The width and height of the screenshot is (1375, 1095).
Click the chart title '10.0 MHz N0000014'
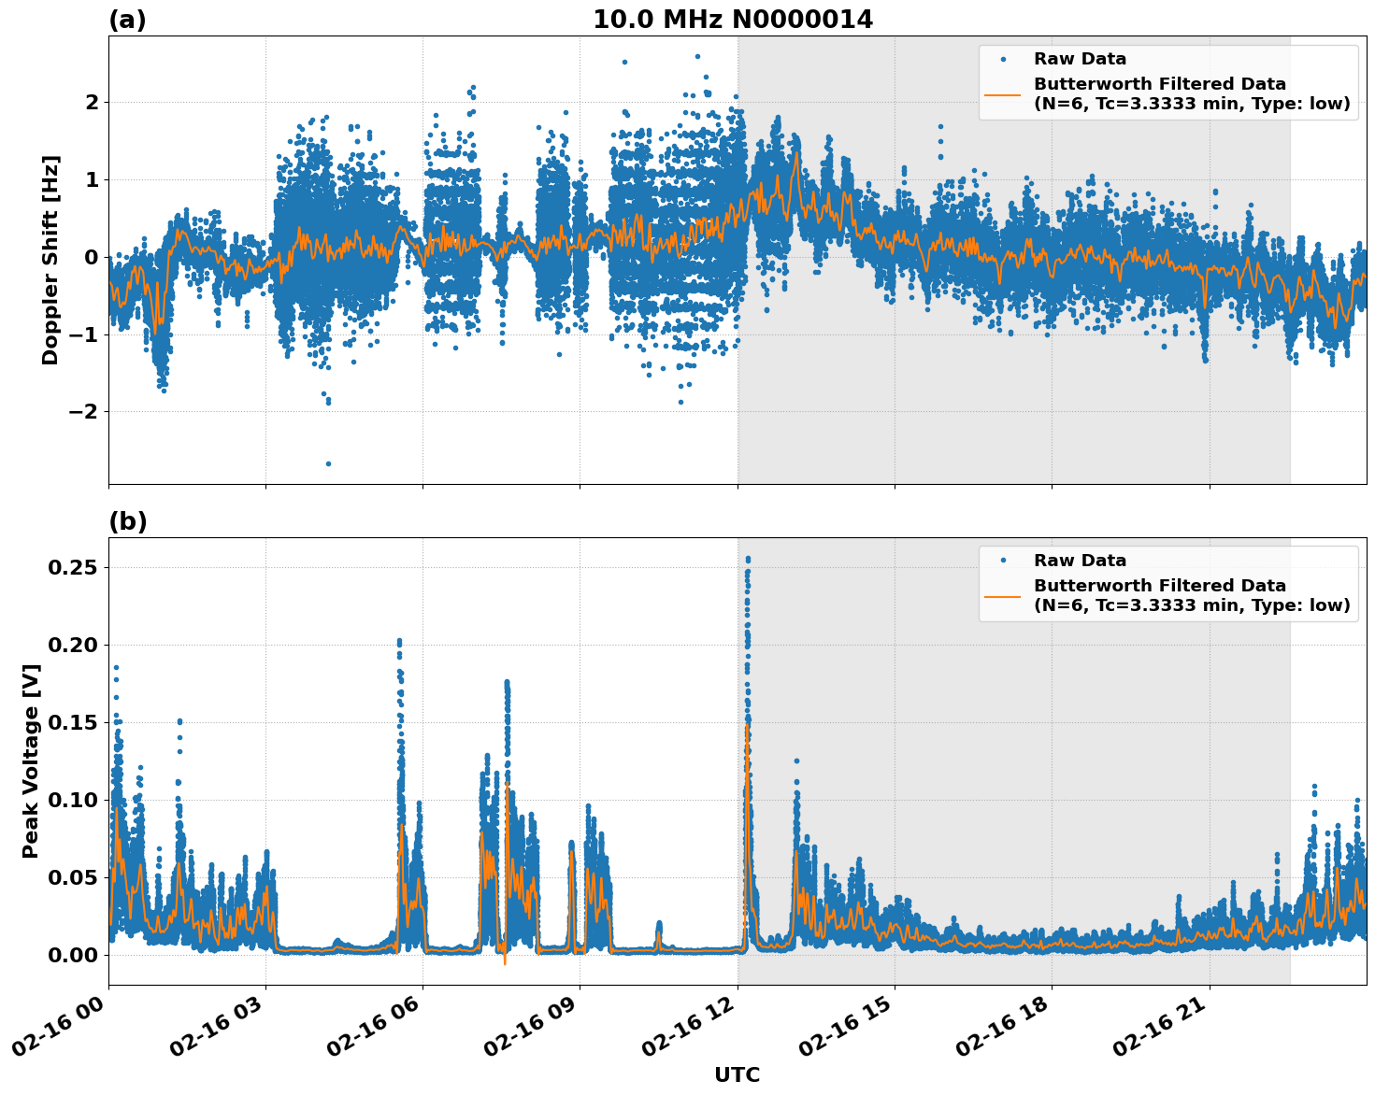pyautogui.click(x=733, y=20)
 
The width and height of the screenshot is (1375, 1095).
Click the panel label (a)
pyautogui.click(x=127, y=20)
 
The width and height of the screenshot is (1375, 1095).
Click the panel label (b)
pyautogui.click(x=127, y=521)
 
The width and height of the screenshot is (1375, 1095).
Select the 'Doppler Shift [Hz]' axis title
pyautogui.click(x=50, y=260)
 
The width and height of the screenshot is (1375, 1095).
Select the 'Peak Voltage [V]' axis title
pyautogui.click(x=31, y=761)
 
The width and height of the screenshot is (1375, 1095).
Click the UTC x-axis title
pyautogui.click(x=737, y=1074)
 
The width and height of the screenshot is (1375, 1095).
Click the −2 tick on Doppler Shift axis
pyautogui.click(x=79, y=412)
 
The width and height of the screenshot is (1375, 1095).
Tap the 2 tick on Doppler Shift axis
pyautogui.click(x=91, y=102)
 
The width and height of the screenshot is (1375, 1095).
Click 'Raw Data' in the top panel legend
pyautogui.click(x=1080, y=60)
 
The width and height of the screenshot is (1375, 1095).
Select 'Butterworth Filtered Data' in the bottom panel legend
pyautogui.click(x=1159, y=586)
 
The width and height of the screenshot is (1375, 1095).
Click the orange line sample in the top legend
pyautogui.click(x=1004, y=93)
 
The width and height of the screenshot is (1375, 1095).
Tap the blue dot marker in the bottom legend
pyautogui.click(x=1004, y=561)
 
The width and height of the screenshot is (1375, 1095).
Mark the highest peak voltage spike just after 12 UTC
pyautogui.click(x=747, y=559)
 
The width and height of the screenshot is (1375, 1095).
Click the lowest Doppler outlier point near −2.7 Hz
pyautogui.click(x=328, y=463)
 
